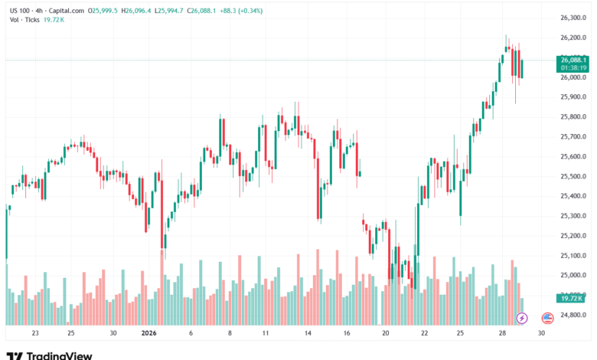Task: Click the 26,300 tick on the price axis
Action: (x=573, y=18)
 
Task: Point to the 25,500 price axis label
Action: (x=573, y=176)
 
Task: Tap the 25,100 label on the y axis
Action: (x=573, y=256)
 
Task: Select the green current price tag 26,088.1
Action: (x=573, y=60)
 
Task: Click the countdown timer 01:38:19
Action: (x=573, y=67)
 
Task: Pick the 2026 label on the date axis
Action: (x=148, y=334)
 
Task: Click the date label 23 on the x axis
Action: (x=35, y=334)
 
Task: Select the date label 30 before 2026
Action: (x=113, y=334)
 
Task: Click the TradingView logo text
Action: (x=60, y=355)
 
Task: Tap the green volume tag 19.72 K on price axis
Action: (x=573, y=300)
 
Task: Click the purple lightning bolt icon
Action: (x=522, y=317)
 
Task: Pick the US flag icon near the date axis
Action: (x=547, y=317)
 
